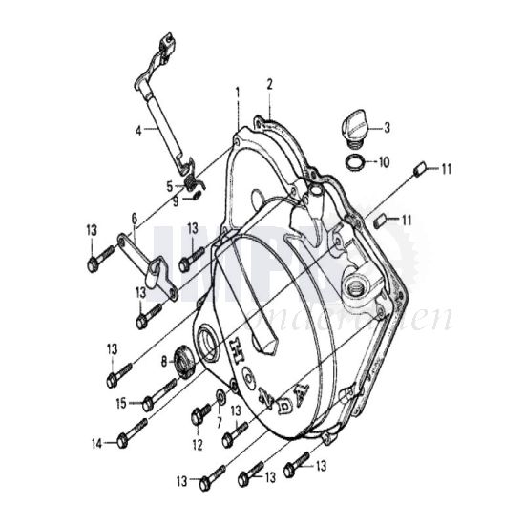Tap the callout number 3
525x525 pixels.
click(x=387, y=126)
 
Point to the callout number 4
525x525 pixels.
click(x=139, y=130)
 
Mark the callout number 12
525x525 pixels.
click(x=197, y=444)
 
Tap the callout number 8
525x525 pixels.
click(x=164, y=360)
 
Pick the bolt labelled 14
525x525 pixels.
click(x=131, y=439)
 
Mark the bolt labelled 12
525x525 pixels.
click(x=201, y=415)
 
